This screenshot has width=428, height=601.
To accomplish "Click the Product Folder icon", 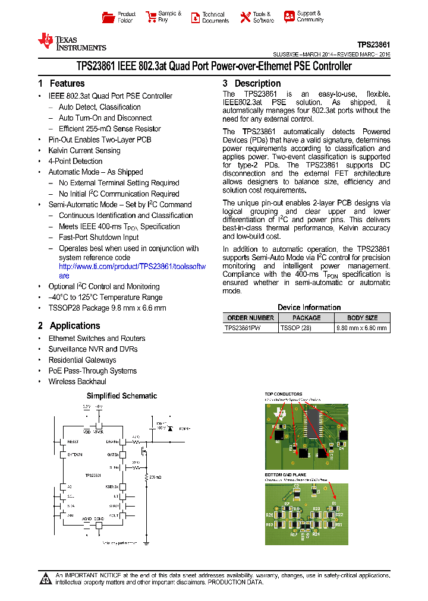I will [108, 17].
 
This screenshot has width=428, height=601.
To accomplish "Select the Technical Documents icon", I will [195, 17].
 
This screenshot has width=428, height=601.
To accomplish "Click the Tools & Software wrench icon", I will [246, 17].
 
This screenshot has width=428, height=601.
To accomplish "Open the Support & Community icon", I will [289, 17].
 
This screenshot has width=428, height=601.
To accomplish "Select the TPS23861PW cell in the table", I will [243, 328].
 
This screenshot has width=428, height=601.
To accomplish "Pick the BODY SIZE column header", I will [362, 318].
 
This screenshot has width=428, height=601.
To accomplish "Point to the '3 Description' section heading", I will [251, 84].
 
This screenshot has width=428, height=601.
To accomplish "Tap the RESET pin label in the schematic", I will [73, 442].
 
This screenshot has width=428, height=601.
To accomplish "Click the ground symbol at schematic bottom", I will [146, 542].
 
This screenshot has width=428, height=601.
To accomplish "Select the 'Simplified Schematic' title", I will [122, 396].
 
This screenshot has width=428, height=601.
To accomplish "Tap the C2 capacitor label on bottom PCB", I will [296, 486].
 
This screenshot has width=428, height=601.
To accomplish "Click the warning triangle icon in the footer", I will [46, 579].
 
